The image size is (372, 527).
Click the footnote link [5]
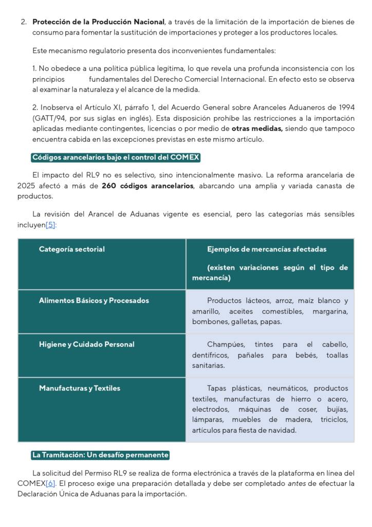[50, 225]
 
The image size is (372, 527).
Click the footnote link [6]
[50, 483]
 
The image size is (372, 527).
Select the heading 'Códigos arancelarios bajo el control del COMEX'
[116, 157]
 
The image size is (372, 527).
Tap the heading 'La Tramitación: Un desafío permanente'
[100, 455]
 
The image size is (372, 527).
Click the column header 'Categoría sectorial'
[72, 249]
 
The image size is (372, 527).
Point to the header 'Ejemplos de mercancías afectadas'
[267, 249]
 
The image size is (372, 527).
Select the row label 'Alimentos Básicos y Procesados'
[94, 301]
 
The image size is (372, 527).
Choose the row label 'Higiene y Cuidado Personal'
[86, 344]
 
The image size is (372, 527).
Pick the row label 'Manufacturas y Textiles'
[80, 388]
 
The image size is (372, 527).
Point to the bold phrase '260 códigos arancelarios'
[147, 186]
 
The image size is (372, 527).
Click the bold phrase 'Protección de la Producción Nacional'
[98, 22]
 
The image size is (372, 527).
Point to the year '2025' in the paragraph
[26, 186]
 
